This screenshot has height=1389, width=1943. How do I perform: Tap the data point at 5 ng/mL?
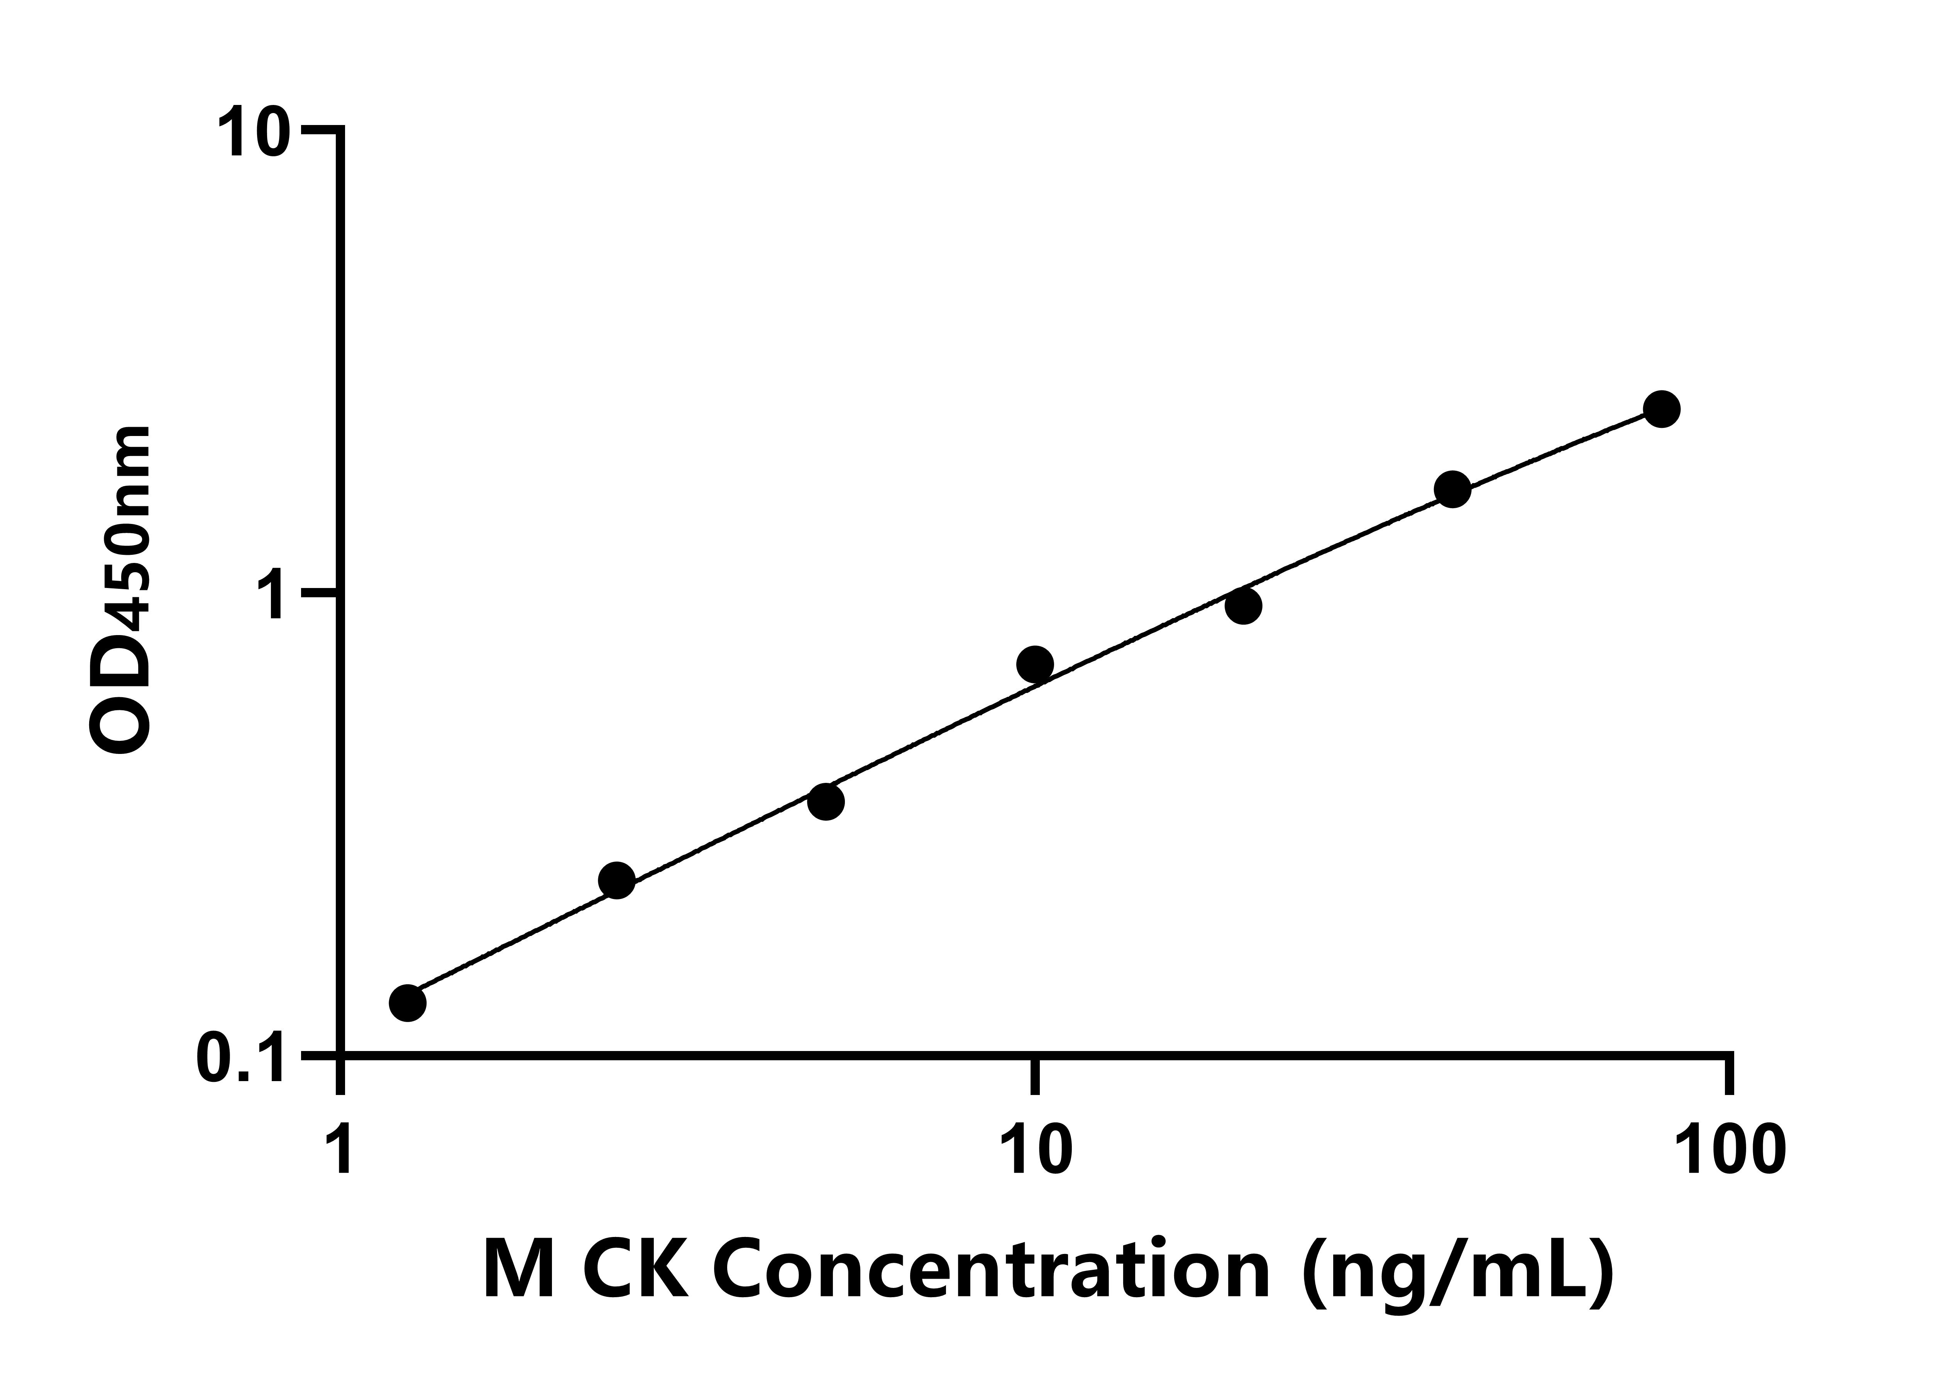pyautogui.click(x=826, y=801)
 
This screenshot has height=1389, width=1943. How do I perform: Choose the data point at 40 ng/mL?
pyautogui.click(x=1452, y=489)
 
